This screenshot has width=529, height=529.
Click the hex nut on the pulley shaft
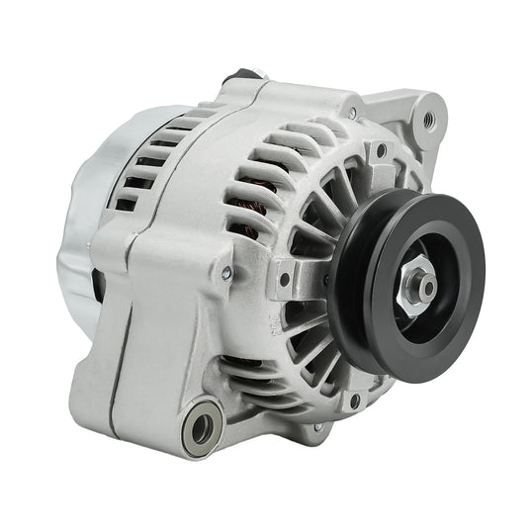(415, 284)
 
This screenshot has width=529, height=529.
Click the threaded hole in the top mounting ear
(428, 121)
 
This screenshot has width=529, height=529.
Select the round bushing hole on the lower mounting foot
(202, 428)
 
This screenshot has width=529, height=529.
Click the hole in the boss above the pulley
(380, 151)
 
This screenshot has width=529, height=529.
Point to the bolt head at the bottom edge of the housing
(317, 427)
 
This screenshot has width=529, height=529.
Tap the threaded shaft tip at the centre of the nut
(418, 284)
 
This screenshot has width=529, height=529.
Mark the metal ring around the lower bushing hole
(189, 420)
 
